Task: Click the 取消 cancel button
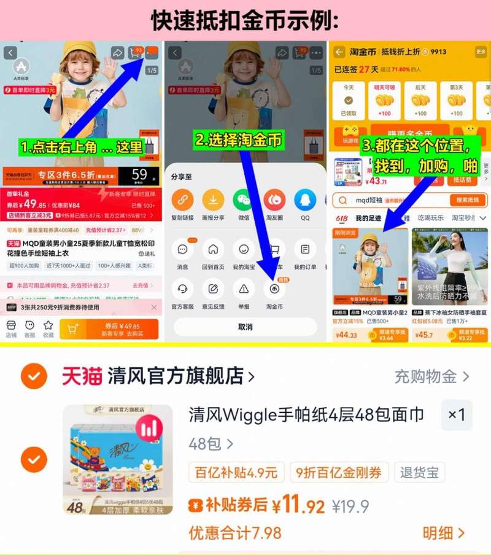[x=245, y=327]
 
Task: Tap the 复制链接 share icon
[x=182, y=200]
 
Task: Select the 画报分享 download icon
[x=213, y=200]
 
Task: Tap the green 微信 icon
[x=244, y=200]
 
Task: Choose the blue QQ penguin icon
[x=304, y=200]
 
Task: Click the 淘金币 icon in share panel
[x=274, y=288]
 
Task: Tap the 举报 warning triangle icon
[x=244, y=288]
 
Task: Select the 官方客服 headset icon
[x=182, y=288]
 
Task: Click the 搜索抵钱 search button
[x=468, y=200]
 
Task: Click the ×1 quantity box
[x=457, y=416]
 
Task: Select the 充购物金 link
[x=431, y=376]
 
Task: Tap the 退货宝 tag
[x=419, y=472]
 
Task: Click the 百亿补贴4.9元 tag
[x=236, y=472]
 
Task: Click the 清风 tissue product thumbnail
[x=117, y=459]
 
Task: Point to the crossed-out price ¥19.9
[x=350, y=506]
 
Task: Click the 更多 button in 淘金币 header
[x=481, y=52]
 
